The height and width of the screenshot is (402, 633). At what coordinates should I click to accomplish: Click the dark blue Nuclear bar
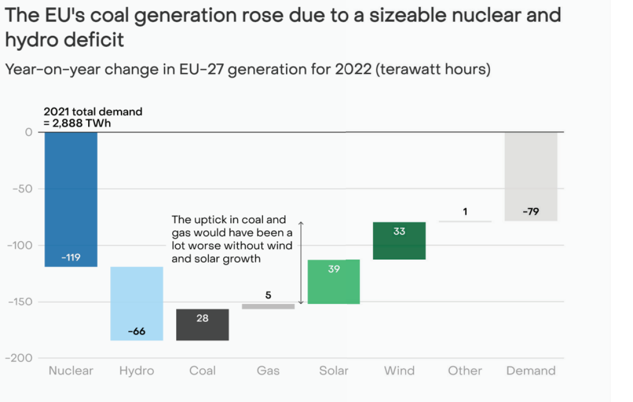pos(71,199)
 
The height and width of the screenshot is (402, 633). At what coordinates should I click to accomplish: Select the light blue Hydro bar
pos(137,304)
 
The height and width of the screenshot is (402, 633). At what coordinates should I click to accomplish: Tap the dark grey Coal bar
pos(203,325)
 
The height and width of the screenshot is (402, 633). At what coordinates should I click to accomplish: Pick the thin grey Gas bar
pos(268,307)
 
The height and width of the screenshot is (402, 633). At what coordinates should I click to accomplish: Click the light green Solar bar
pos(334,282)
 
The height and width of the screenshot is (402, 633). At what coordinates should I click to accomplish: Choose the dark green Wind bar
pos(399,241)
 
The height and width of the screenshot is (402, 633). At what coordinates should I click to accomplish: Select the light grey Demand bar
pos(531,176)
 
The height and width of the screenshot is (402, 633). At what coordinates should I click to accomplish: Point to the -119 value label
pos(71,257)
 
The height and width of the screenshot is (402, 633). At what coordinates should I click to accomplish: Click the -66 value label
pos(137,331)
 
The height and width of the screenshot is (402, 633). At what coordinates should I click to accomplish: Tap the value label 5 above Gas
pos(268,295)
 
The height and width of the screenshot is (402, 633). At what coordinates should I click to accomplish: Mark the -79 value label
pos(531,212)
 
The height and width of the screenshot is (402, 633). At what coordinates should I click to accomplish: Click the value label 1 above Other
pos(465,212)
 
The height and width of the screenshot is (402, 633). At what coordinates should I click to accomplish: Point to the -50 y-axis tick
pos(23,189)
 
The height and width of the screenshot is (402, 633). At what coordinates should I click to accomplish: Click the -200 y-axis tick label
pos(19,358)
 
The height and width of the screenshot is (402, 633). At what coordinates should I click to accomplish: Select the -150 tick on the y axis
pos(21,302)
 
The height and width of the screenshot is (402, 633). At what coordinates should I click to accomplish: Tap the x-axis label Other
pos(465,371)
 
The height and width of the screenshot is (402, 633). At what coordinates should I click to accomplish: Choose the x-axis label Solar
pos(334,371)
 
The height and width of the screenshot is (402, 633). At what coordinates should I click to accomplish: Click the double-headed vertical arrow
pos(301,263)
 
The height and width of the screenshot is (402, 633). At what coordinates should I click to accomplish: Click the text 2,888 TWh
pos(82,123)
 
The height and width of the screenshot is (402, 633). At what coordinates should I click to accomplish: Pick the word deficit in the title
pos(94,40)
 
